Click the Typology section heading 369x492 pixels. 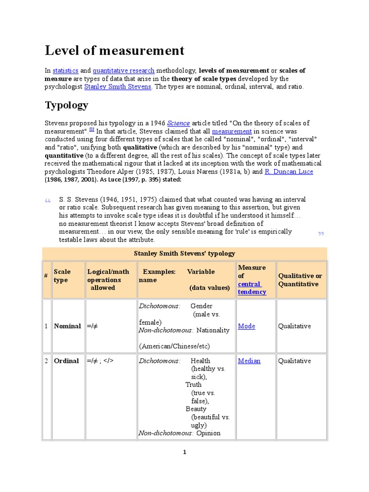click(x=67, y=105)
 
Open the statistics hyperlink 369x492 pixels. click(x=65, y=71)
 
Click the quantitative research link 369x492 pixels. click(x=123, y=71)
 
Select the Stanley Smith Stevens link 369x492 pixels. click(x=118, y=87)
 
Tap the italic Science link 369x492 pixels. click(x=178, y=123)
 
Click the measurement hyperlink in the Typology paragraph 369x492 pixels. click(x=232, y=131)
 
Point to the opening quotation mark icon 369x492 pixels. click(x=48, y=201)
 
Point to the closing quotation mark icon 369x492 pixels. click(x=321, y=234)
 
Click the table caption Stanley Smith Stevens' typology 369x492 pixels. click(x=184, y=253)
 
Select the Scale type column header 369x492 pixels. click(x=62, y=276)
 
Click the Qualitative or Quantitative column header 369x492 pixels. click(x=300, y=280)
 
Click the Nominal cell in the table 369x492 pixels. click(x=67, y=326)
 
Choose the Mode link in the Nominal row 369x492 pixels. click(x=246, y=326)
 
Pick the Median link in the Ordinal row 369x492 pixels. click(x=249, y=361)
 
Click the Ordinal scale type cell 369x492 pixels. click(x=66, y=361)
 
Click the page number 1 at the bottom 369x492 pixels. click(x=184, y=452)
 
